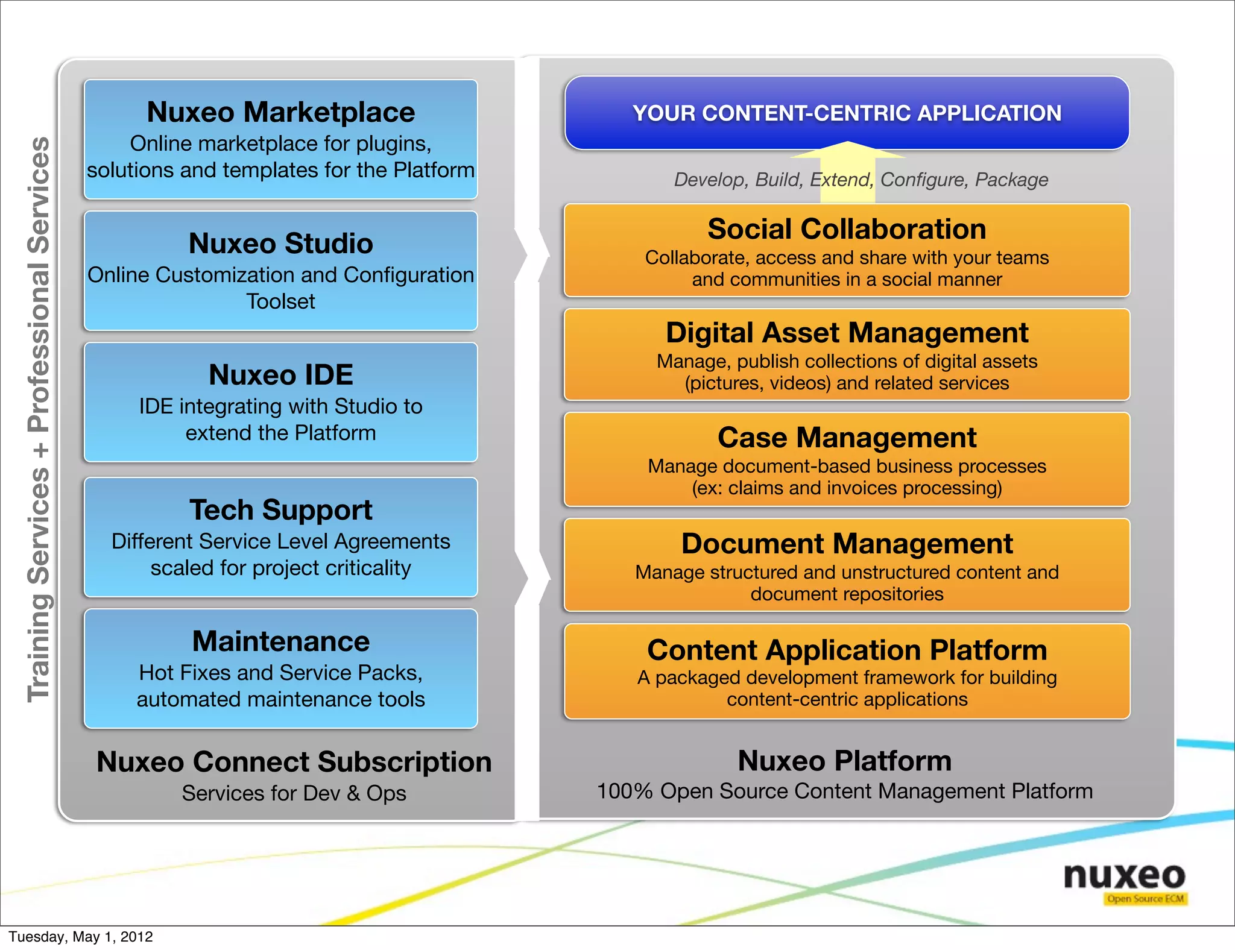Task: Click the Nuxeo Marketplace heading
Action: (x=280, y=113)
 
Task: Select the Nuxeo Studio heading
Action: (x=280, y=244)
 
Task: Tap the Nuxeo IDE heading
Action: (x=280, y=375)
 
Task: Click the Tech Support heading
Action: (x=280, y=510)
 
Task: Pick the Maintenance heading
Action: (x=280, y=641)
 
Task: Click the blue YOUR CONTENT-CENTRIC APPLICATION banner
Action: (x=847, y=113)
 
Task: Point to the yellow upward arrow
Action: (x=847, y=169)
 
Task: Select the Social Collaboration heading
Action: (x=847, y=229)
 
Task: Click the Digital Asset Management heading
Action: (x=847, y=333)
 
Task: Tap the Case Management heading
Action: (x=847, y=438)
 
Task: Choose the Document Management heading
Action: (x=847, y=544)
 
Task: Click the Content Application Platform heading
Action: (x=847, y=650)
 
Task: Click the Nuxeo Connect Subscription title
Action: (x=294, y=762)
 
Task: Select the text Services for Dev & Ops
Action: (x=294, y=793)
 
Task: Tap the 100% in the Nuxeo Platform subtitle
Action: (x=625, y=791)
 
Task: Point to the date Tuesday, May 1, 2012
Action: (x=81, y=937)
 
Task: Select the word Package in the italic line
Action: (x=1011, y=180)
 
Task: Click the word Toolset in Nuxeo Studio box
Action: (x=280, y=301)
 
